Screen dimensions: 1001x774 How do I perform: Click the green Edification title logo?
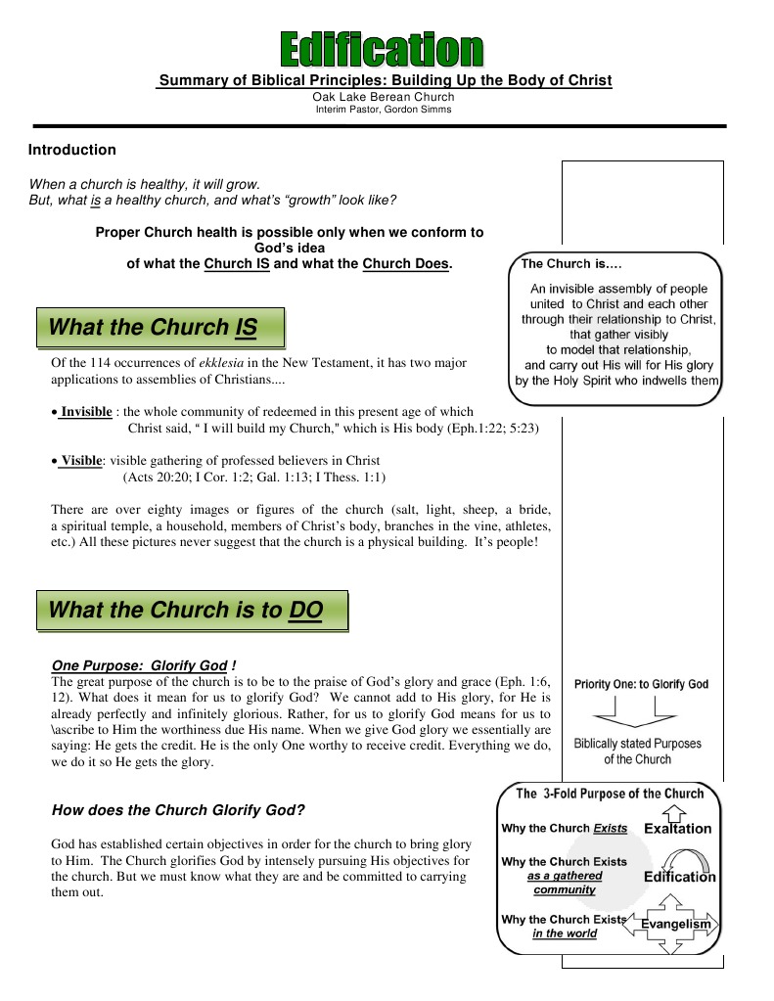[x=382, y=49]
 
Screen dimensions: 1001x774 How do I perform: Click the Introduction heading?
[x=71, y=150]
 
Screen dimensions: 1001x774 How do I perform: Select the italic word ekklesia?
[x=220, y=362]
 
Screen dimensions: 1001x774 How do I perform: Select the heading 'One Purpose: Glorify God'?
[x=141, y=665]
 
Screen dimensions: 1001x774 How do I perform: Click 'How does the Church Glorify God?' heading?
[x=177, y=810]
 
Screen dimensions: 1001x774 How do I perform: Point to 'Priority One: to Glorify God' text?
[x=641, y=684]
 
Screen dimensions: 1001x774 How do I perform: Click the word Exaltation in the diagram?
[x=677, y=829]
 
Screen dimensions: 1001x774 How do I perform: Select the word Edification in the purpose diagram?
[x=679, y=877]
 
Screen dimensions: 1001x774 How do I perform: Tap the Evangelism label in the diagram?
[x=675, y=924]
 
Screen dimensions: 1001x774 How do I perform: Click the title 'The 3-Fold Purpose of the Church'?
[x=610, y=794]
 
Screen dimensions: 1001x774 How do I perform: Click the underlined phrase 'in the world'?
[x=564, y=933]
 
